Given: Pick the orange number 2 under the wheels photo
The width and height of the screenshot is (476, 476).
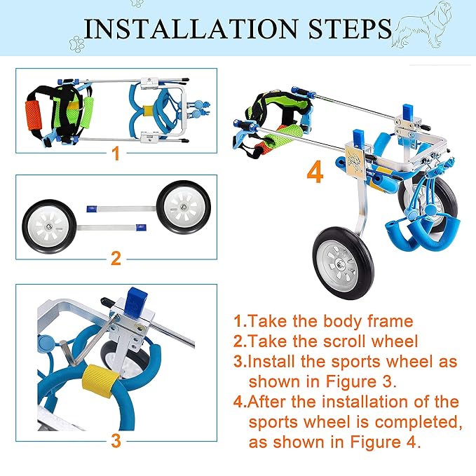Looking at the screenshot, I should pyautogui.click(x=116, y=257).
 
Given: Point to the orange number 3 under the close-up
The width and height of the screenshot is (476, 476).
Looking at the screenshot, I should pyautogui.click(x=116, y=440).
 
